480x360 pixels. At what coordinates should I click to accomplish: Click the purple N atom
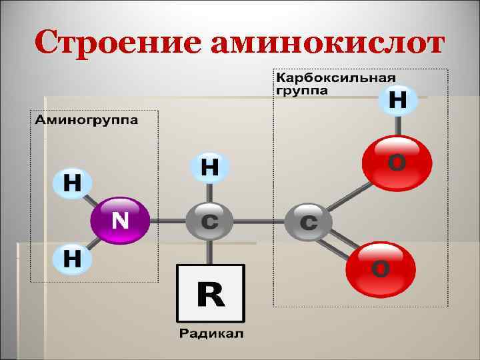coord(120,220)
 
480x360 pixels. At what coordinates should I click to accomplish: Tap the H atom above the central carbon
coord(209,167)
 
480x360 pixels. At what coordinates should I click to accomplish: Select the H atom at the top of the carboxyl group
coord(398,101)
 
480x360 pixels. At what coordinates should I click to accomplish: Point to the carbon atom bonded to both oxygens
coord(309,221)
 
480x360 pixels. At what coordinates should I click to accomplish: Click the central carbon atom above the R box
coord(209,221)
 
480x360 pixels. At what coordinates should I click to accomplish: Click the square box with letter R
coord(210,294)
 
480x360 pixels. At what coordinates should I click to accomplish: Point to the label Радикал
coord(211,333)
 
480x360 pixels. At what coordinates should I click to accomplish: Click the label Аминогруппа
coord(87,121)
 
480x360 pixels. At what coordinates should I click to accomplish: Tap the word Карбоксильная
coord(327,77)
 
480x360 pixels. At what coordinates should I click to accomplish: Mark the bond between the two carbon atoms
coord(259,221)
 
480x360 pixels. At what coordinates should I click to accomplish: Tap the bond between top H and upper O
coord(398,125)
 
